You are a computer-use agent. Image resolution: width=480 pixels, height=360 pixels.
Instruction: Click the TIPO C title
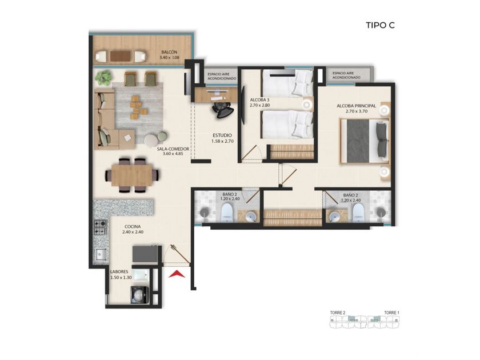pos(380,25)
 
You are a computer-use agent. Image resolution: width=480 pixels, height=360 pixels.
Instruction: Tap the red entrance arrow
pos(177,275)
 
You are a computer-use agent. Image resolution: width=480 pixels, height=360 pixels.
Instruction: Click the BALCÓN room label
pos(169,53)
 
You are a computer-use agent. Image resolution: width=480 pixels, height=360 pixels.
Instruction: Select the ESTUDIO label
pos(222,135)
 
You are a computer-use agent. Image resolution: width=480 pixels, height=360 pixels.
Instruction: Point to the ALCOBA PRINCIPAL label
pos(357,106)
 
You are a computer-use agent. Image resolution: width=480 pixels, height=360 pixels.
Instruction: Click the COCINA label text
pos(133,226)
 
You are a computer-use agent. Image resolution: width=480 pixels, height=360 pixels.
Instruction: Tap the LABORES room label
pos(119,272)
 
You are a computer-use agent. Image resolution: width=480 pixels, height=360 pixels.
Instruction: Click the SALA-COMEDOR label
pos(173,149)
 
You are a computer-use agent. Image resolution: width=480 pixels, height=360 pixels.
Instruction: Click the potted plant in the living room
pos(103,78)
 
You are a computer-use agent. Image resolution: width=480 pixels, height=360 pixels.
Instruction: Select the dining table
pos(132,175)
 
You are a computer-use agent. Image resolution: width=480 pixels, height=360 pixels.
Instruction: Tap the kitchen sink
pos(100,254)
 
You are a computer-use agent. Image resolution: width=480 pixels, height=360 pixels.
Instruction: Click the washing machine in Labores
pos(139,295)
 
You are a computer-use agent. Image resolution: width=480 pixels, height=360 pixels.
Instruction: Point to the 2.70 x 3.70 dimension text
pos(357,111)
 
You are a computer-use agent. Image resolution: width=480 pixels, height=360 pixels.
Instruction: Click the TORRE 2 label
pos(338,313)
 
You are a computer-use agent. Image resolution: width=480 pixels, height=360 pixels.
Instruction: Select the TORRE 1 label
pos(392,313)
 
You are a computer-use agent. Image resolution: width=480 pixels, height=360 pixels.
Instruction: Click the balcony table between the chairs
pos(121,56)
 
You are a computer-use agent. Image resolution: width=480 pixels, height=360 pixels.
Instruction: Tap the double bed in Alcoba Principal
pos(365,141)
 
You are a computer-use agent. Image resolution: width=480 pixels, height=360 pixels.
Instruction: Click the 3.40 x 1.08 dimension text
pos(169,58)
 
